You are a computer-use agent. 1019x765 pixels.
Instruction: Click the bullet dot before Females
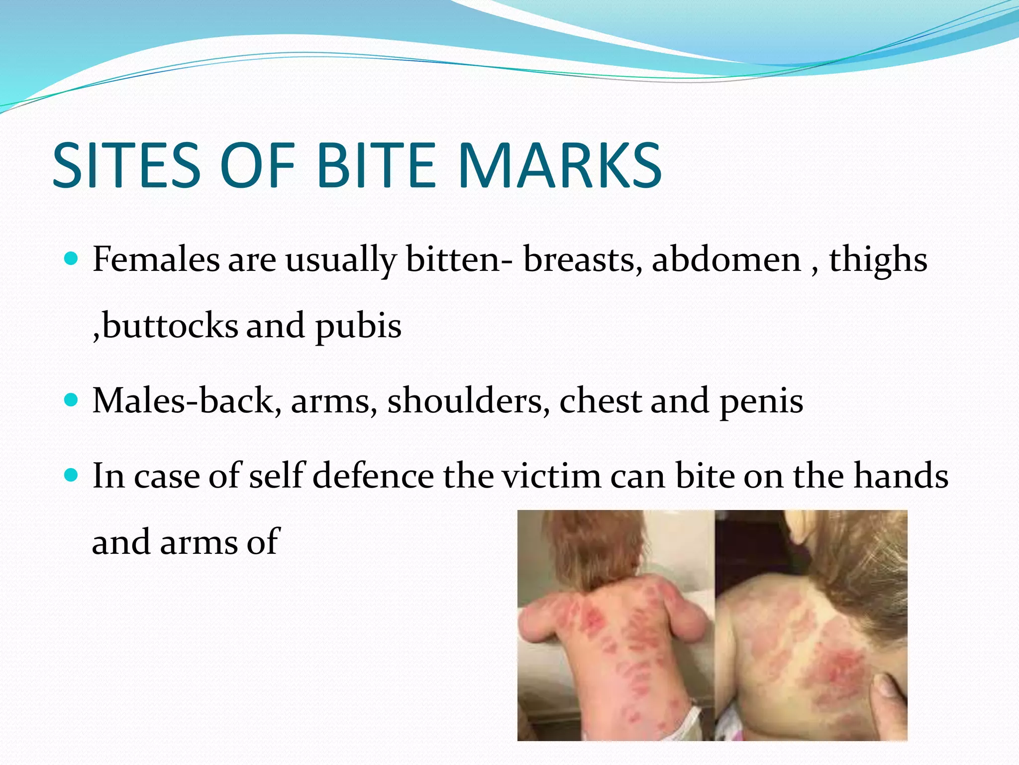tap(72, 258)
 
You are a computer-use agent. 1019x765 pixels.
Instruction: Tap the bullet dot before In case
tap(72, 475)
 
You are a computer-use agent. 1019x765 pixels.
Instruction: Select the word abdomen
tap(726, 259)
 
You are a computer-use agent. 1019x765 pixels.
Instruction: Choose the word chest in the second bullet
tap(600, 400)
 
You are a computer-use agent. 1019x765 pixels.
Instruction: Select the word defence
tap(373, 476)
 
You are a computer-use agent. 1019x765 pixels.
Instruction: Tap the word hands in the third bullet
tap(901, 476)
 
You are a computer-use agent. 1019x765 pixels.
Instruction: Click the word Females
tap(156, 259)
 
